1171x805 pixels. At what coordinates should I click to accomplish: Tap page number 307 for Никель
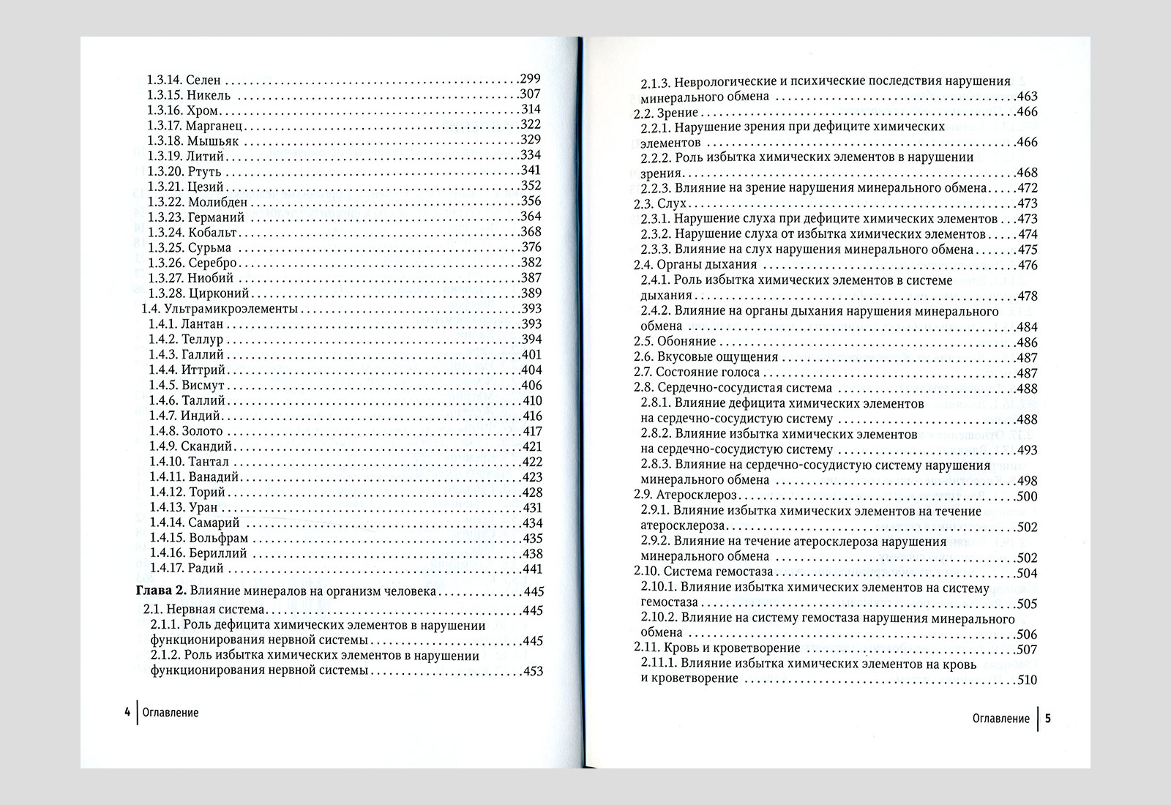[x=529, y=94]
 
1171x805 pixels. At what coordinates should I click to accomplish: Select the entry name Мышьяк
[x=213, y=141]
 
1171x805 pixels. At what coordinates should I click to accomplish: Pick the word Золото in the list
[x=203, y=431]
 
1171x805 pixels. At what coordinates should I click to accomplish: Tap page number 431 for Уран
[x=532, y=507]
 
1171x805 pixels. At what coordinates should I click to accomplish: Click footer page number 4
[x=127, y=712]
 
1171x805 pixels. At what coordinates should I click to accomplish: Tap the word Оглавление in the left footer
[x=171, y=712]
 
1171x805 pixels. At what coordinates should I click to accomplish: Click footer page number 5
[x=1047, y=718]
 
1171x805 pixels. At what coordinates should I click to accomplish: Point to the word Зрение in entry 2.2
[x=678, y=112]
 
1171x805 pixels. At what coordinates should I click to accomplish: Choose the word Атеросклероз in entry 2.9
[x=697, y=495]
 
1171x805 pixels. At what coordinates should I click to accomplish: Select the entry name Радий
[x=206, y=569]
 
